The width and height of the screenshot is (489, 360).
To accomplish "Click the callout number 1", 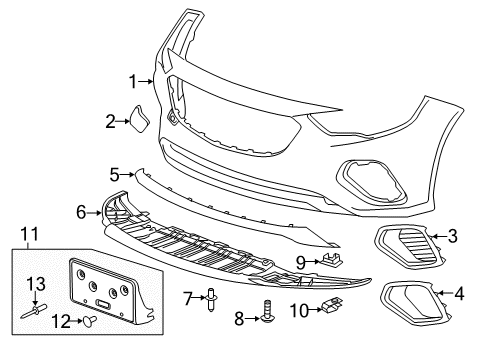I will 132,81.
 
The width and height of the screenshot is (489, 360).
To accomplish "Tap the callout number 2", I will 111,122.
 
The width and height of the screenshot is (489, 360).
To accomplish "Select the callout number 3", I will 452,236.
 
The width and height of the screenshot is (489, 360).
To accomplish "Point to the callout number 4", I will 459,294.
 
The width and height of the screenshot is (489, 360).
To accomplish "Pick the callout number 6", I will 82,211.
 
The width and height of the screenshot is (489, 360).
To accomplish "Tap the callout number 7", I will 188,297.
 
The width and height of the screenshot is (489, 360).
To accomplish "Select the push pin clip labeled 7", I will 210,297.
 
